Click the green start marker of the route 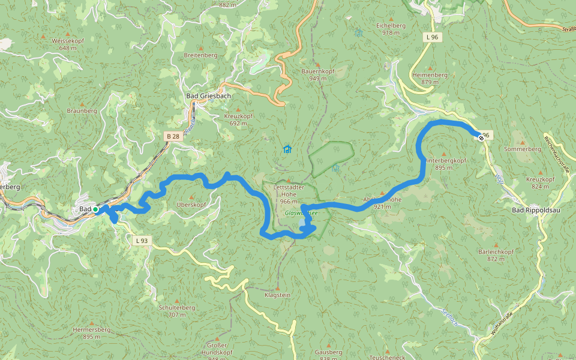95,209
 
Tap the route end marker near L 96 481,137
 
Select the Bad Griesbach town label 208,96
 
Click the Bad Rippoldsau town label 535,210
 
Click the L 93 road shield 140,241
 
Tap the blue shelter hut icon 287,149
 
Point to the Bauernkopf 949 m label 318,74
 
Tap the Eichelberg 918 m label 391,29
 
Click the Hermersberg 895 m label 91,333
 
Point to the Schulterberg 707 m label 177,311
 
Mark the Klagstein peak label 277,295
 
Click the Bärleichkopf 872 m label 496,255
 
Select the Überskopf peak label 192,205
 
